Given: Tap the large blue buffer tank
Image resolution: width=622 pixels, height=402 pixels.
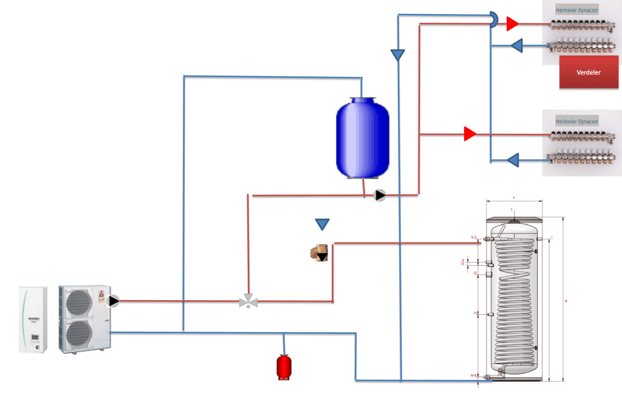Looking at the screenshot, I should (362, 135).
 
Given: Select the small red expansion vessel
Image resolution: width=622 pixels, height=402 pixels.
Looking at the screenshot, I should (285, 365).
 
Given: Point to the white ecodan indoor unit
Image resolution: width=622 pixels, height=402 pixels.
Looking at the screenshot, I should (33, 319).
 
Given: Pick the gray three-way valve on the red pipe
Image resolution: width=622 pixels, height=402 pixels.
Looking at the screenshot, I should (248, 300).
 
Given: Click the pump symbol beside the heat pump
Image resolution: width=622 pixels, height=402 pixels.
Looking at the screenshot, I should (114, 300).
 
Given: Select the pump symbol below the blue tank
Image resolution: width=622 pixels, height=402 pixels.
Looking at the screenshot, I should (379, 195).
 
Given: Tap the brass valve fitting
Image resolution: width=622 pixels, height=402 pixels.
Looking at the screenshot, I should (319, 253).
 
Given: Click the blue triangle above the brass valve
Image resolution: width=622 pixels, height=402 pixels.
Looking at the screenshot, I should (322, 225).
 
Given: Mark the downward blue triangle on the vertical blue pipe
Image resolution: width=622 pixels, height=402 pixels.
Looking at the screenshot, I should (397, 55).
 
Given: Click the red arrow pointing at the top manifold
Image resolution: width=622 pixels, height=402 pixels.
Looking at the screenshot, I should (512, 24).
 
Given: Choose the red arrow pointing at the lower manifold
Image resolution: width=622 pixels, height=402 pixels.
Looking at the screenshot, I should (470, 134).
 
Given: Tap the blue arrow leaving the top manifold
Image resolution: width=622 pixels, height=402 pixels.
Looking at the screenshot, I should (515, 47).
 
